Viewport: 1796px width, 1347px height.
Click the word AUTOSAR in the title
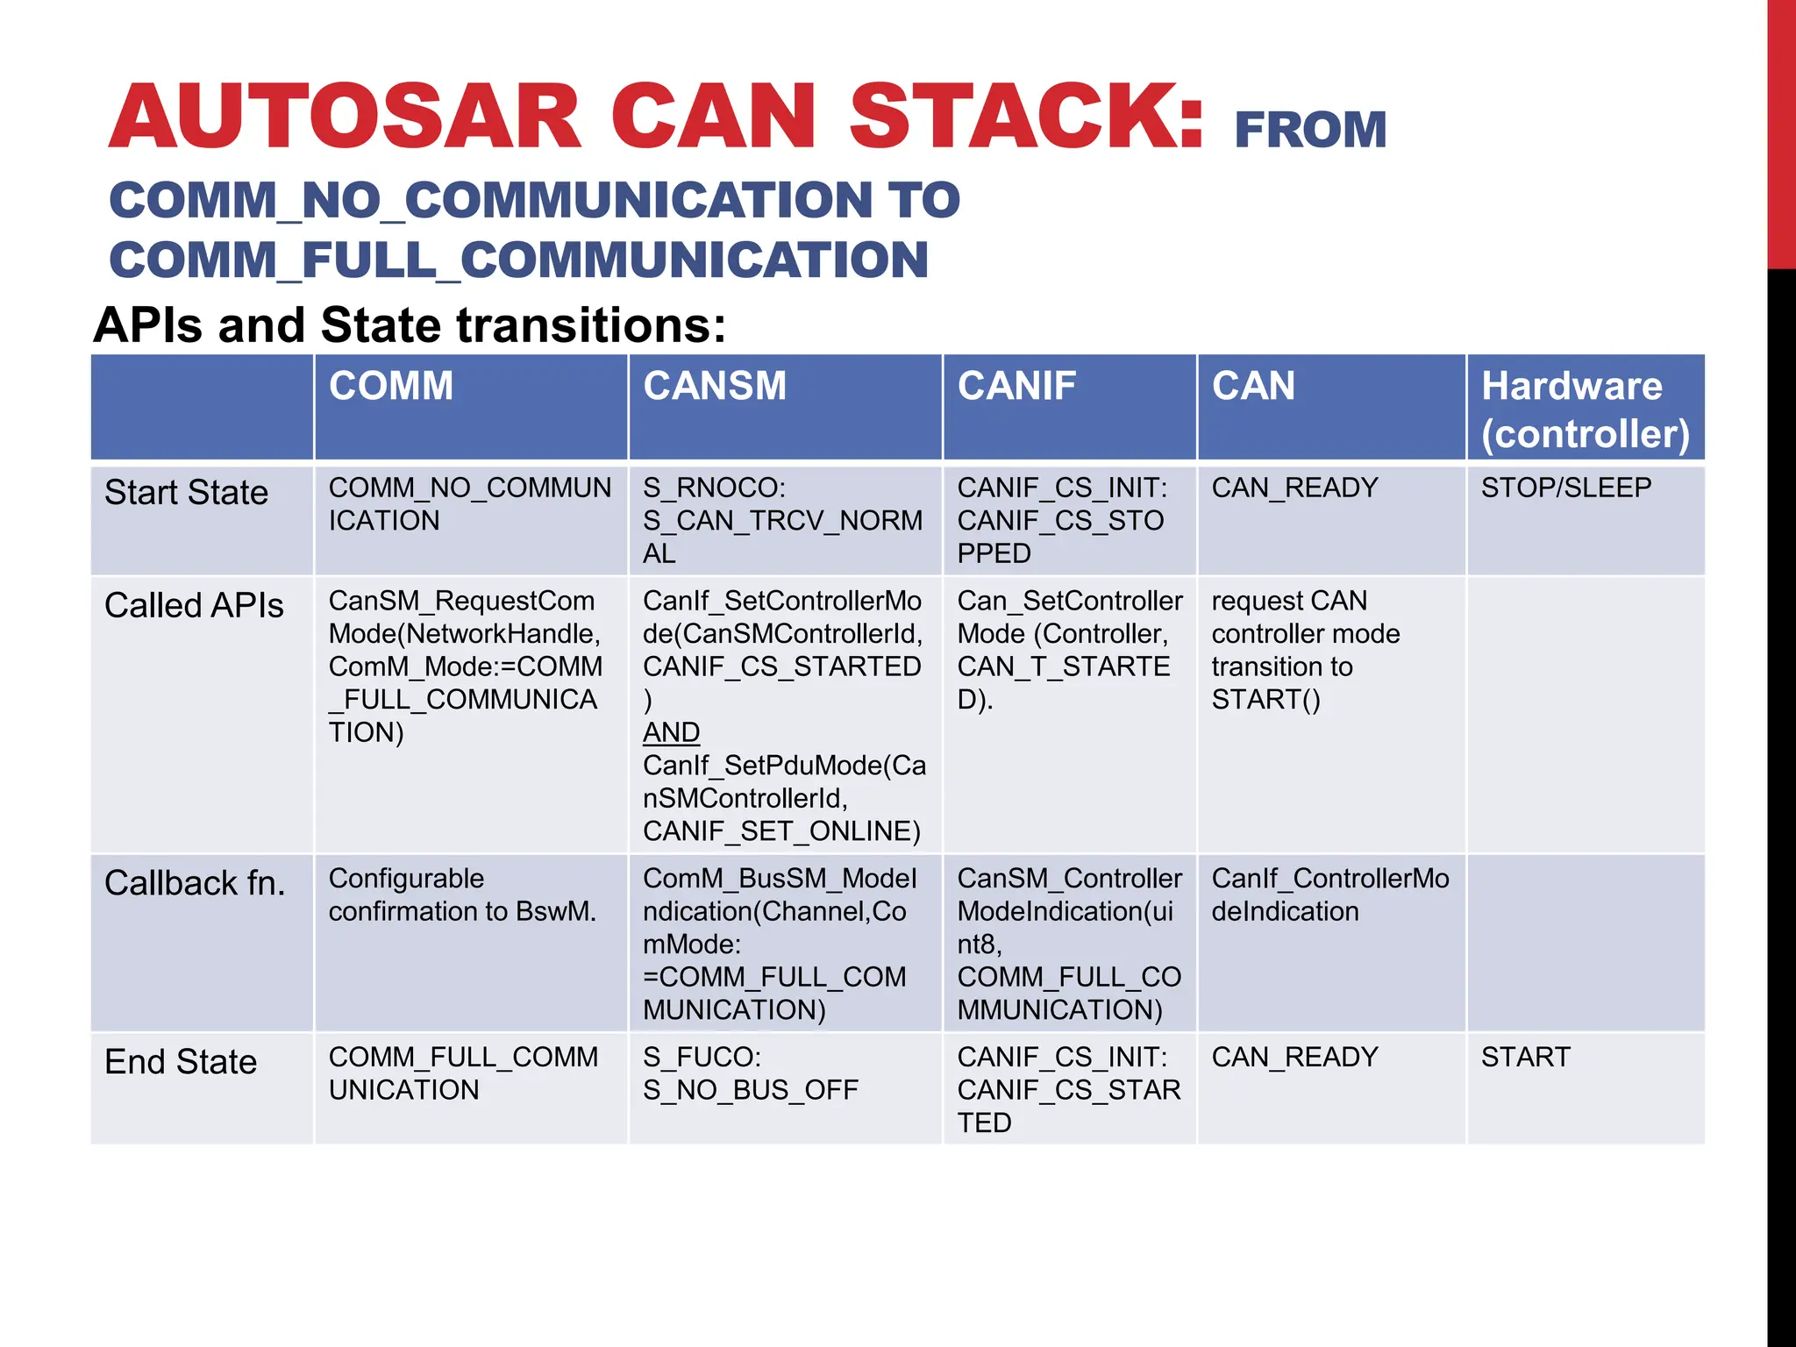345,117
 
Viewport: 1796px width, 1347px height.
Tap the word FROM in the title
1310,130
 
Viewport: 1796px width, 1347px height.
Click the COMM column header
391,386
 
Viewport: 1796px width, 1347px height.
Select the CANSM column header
715,386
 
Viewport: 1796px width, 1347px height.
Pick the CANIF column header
1016,386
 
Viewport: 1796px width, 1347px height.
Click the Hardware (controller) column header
1585,410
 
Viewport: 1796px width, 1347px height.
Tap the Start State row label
186,492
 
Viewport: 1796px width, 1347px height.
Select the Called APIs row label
194,605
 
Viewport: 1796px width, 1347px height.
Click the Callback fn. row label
195,883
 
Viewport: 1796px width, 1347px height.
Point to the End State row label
181,1061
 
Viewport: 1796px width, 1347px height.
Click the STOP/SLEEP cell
1566,488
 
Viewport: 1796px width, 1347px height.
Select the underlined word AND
671,732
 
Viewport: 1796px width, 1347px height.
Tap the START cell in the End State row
1525,1057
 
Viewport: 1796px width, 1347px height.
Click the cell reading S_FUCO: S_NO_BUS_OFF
750,1073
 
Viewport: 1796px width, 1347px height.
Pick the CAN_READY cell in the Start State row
1294,488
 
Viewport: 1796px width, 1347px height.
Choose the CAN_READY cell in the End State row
1294,1057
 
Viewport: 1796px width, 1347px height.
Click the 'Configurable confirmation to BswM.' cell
462,894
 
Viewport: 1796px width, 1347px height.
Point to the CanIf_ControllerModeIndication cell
1329,894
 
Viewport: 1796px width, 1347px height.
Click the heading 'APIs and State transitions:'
410,324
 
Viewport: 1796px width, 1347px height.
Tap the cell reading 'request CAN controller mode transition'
1305,650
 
